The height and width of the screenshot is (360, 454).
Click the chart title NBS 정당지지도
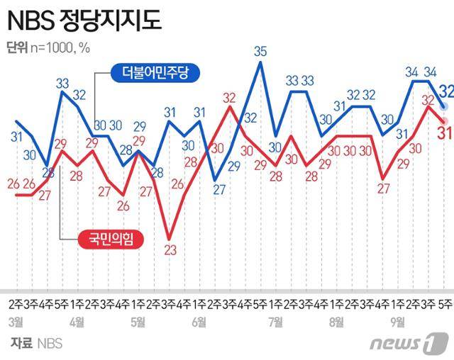coord(84,21)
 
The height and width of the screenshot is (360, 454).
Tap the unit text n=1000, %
coord(65,49)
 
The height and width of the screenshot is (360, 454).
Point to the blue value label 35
coord(260,50)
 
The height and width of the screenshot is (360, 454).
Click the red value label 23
coord(169,249)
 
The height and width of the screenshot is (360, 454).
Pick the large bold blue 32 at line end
coord(445,91)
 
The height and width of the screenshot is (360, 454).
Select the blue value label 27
coord(219,189)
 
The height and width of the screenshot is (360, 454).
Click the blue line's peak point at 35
coord(260,62)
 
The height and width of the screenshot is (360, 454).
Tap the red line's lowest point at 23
coord(169,237)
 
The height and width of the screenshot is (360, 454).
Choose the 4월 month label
coord(77,322)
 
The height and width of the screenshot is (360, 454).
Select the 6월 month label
coord(199,322)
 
